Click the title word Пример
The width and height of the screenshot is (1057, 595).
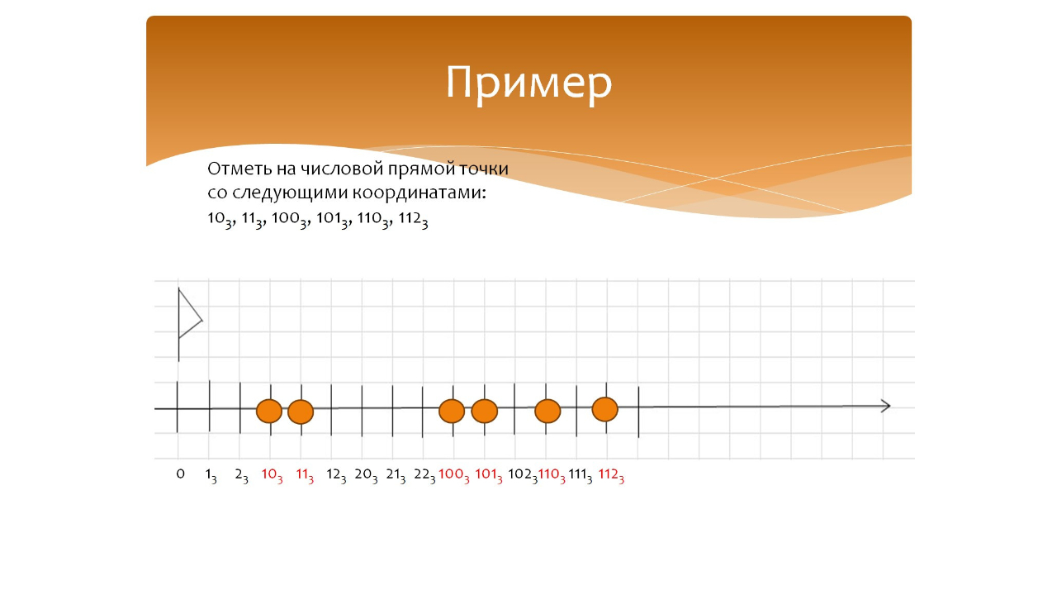(528, 83)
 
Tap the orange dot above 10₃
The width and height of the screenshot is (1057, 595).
(269, 411)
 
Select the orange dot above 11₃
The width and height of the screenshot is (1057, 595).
(301, 412)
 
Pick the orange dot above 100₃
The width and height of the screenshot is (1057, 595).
(452, 411)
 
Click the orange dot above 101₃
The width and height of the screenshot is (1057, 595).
(485, 411)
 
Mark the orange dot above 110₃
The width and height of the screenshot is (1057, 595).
(547, 411)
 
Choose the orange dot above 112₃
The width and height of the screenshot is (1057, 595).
(605, 409)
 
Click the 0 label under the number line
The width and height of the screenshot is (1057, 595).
(180, 474)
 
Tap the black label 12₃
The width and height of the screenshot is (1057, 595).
(336, 476)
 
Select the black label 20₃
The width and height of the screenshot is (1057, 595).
(366, 476)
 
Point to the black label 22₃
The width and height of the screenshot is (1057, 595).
(424, 476)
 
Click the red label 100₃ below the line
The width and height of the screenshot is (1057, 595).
(454, 476)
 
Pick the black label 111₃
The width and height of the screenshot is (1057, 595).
(581, 476)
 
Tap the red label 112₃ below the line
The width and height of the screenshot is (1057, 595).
(611, 476)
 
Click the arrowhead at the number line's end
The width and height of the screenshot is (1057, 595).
(886, 406)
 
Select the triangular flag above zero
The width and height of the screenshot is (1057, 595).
(189, 315)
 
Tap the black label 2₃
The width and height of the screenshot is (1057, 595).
(241, 476)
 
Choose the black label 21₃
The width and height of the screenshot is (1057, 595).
(396, 476)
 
